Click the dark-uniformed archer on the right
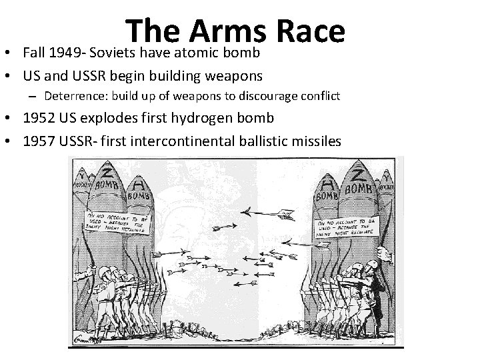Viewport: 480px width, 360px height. pyautogui.click(x=377, y=293)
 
